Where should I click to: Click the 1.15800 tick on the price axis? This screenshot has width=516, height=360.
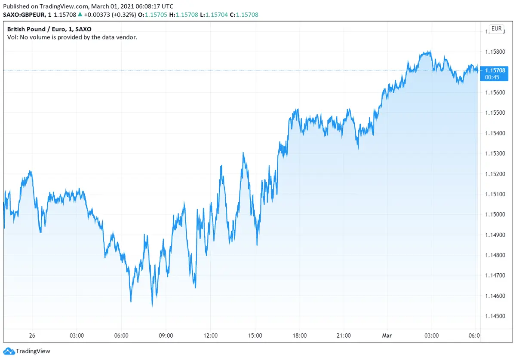click(494, 52)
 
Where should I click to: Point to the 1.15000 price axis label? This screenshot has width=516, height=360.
click(494, 214)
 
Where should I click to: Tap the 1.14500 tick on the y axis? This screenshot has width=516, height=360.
click(494, 316)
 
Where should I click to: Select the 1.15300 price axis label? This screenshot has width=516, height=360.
click(494, 153)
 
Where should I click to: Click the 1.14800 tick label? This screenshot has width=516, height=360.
click(494, 255)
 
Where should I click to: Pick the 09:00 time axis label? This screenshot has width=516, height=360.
click(166, 336)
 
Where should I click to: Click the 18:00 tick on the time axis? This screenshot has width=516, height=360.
click(300, 336)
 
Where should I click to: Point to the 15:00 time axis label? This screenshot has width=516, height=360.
click(255, 336)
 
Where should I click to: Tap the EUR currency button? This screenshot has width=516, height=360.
click(496, 29)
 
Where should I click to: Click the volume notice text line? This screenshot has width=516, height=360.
click(72, 37)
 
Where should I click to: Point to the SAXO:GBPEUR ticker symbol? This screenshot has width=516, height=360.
click(24, 15)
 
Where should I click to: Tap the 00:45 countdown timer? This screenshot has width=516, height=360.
click(491, 77)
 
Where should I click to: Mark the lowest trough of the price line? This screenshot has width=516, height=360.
click(152, 306)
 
